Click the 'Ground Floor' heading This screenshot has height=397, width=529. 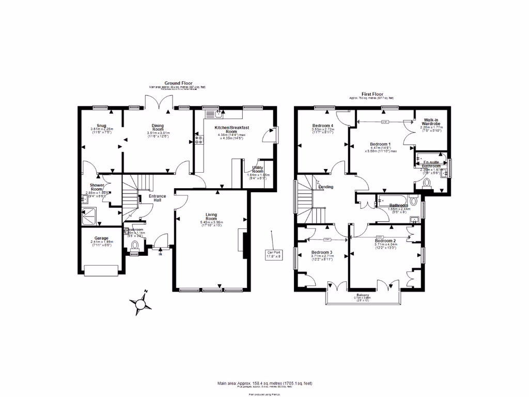(x=178, y=83)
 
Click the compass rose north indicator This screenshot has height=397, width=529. (x=139, y=304)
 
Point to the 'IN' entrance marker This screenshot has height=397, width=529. (x=160, y=254)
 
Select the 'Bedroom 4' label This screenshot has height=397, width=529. (x=323, y=126)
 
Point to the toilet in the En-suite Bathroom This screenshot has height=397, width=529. (x=426, y=181)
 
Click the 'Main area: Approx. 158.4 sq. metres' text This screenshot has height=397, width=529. (x=264, y=383)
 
